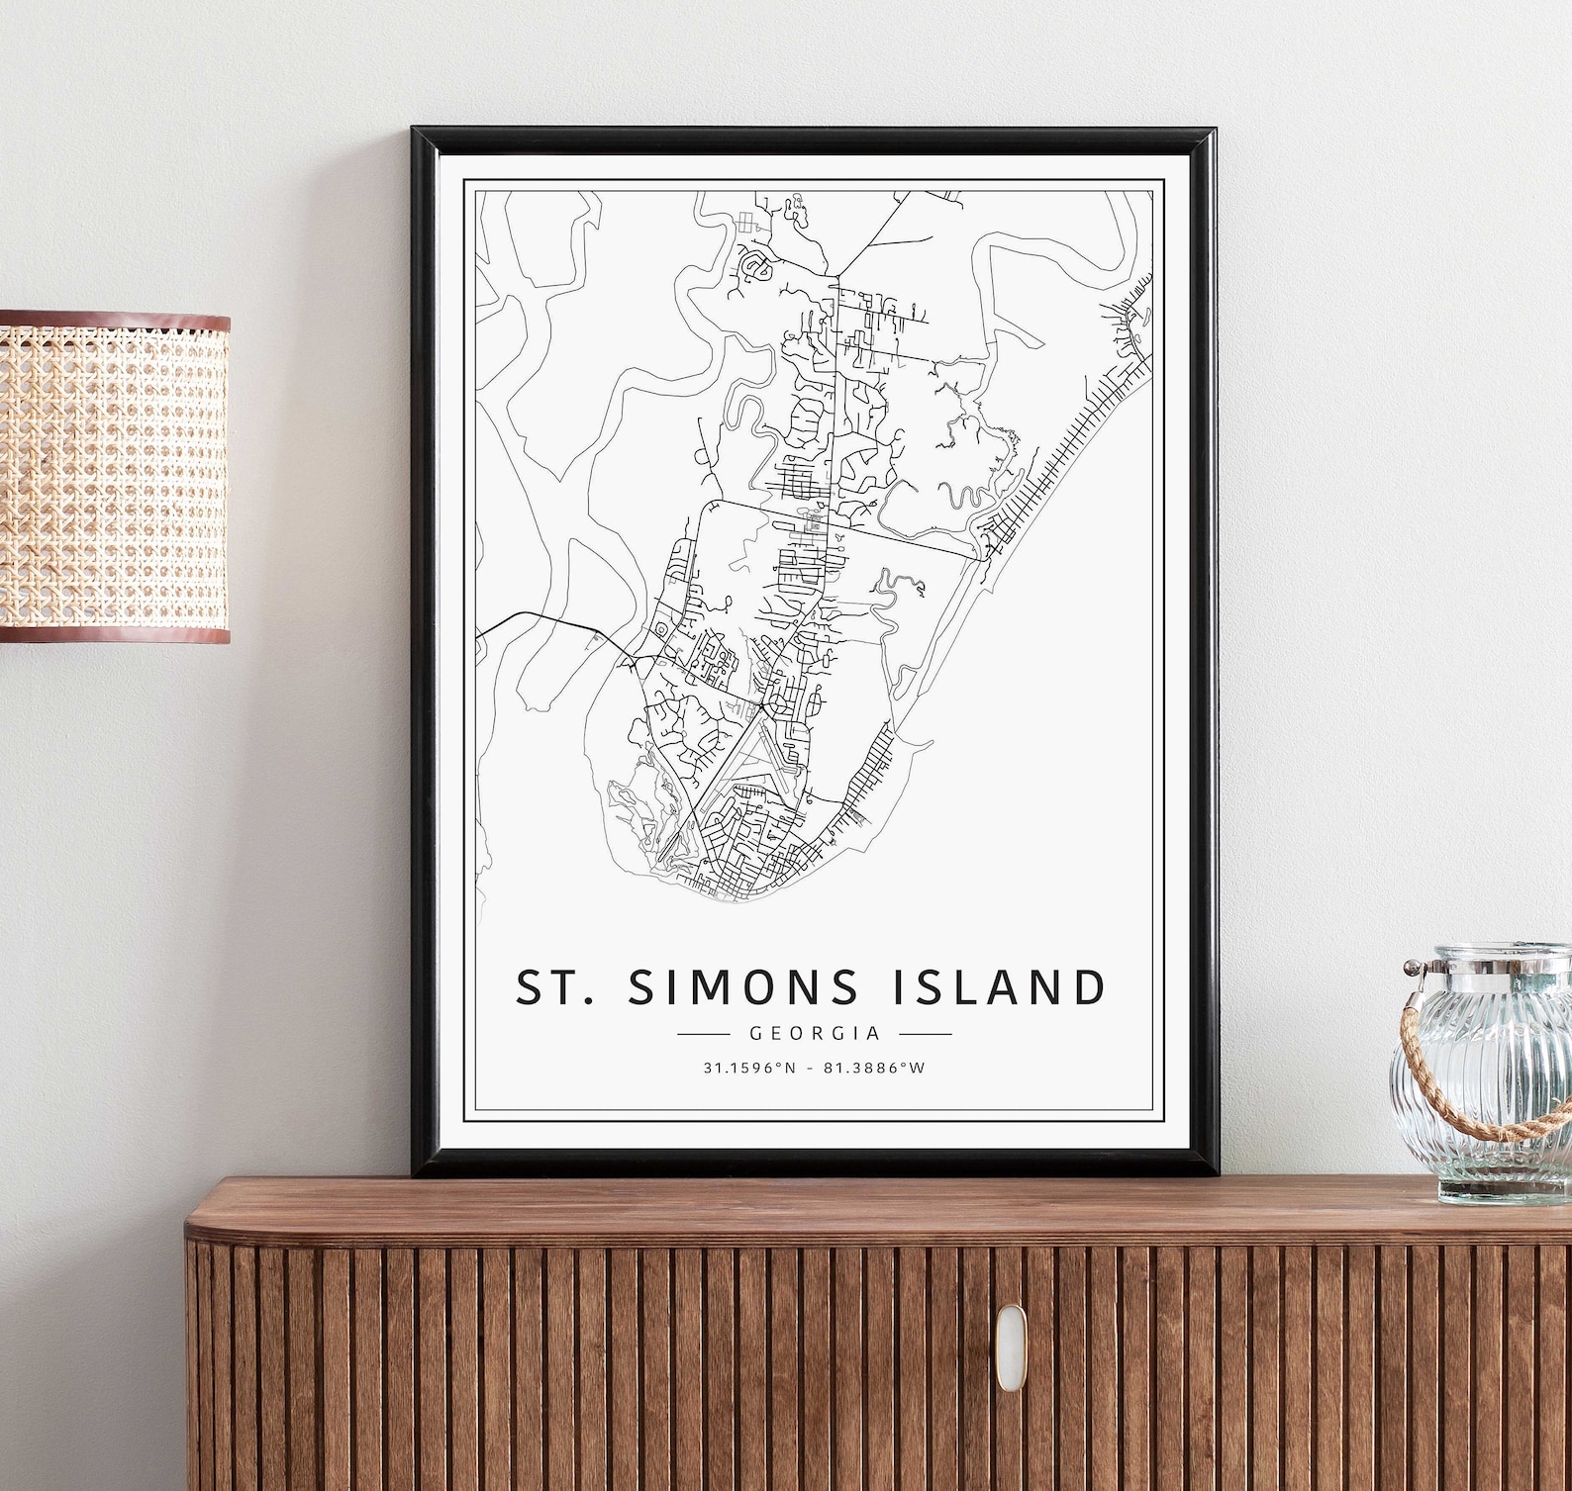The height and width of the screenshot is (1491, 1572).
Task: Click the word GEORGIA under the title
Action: click(x=815, y=1034)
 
